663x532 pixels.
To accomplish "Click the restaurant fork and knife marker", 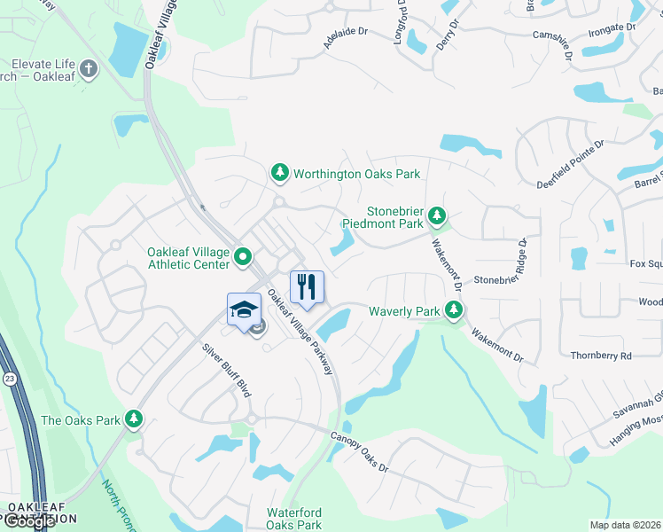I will pos(307,286).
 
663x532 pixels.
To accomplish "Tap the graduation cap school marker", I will pos(244,309).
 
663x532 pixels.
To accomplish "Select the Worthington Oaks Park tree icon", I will pos(280,173).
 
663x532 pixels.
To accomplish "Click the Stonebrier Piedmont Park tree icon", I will pos(436,215).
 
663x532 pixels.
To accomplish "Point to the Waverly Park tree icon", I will pos(454,310).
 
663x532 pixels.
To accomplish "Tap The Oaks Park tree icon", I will pos(134,419).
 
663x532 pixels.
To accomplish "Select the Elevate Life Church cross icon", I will pos(88,67).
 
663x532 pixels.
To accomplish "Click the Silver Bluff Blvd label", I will pos(227,368).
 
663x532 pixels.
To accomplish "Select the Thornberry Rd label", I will pos(601,356).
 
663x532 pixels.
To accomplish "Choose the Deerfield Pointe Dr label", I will pos(571,163).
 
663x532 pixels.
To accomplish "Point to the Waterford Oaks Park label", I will pos(294,519).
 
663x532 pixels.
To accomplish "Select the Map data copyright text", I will pos(626,525).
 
